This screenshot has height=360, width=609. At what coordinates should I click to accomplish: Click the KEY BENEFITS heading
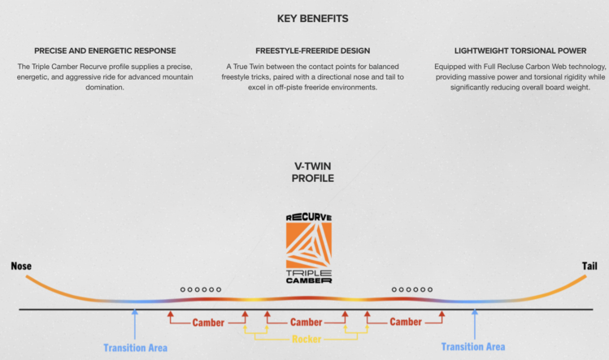pyautogui.click(x=313, y=19)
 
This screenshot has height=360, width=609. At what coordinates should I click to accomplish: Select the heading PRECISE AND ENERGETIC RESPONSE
pyautogui.click(x=105, y=51)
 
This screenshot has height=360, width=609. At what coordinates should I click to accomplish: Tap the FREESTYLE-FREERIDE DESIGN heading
pyautogui.click(x=313, y=51)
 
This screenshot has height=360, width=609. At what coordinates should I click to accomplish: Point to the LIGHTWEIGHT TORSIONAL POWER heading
pyautogui.click(x=520, y=51)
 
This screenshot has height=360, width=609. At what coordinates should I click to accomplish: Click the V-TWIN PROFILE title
pyautogui.click(x=313, y=172)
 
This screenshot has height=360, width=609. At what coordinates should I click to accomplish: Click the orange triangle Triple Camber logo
pyautogui.click(x=309, y=245)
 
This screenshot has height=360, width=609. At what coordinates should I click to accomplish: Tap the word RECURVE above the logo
pyautogui.click(x=309, y=217)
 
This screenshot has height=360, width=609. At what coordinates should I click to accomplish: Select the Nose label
pyautogui.click(x=21, y=266)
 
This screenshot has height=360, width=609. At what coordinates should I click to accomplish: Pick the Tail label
pyautogui.click(x=589, y=266)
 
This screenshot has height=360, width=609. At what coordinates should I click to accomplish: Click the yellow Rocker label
pyautogui.click(x=307, y=339)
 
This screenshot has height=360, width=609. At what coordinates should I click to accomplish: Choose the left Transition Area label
pyautogui.click(x=136, y=348)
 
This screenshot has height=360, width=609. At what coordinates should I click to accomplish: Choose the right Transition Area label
pyautogui.click(x=473, y=347)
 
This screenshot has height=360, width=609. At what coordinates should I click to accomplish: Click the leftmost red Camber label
pyautogui.click(x=208, y=323)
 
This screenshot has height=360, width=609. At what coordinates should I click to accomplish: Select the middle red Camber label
pyautogui.click(x=306, y=323)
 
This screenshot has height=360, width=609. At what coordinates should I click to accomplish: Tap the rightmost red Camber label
pyautogui.click(x=406, y=322)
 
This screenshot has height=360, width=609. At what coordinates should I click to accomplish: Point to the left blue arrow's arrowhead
pyautogui.click(x=135, y=311)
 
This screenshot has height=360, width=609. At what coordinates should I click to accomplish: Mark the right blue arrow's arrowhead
pyautogui.click(x=475, y=311)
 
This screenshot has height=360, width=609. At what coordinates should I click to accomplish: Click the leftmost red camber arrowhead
pyautogui.click(x=170, y=314)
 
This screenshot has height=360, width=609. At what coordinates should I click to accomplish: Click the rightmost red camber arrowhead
pyautogui.click(x=442, y=314)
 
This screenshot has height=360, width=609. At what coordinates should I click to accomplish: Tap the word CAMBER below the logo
pyautogui.click(x=309, y=280)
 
